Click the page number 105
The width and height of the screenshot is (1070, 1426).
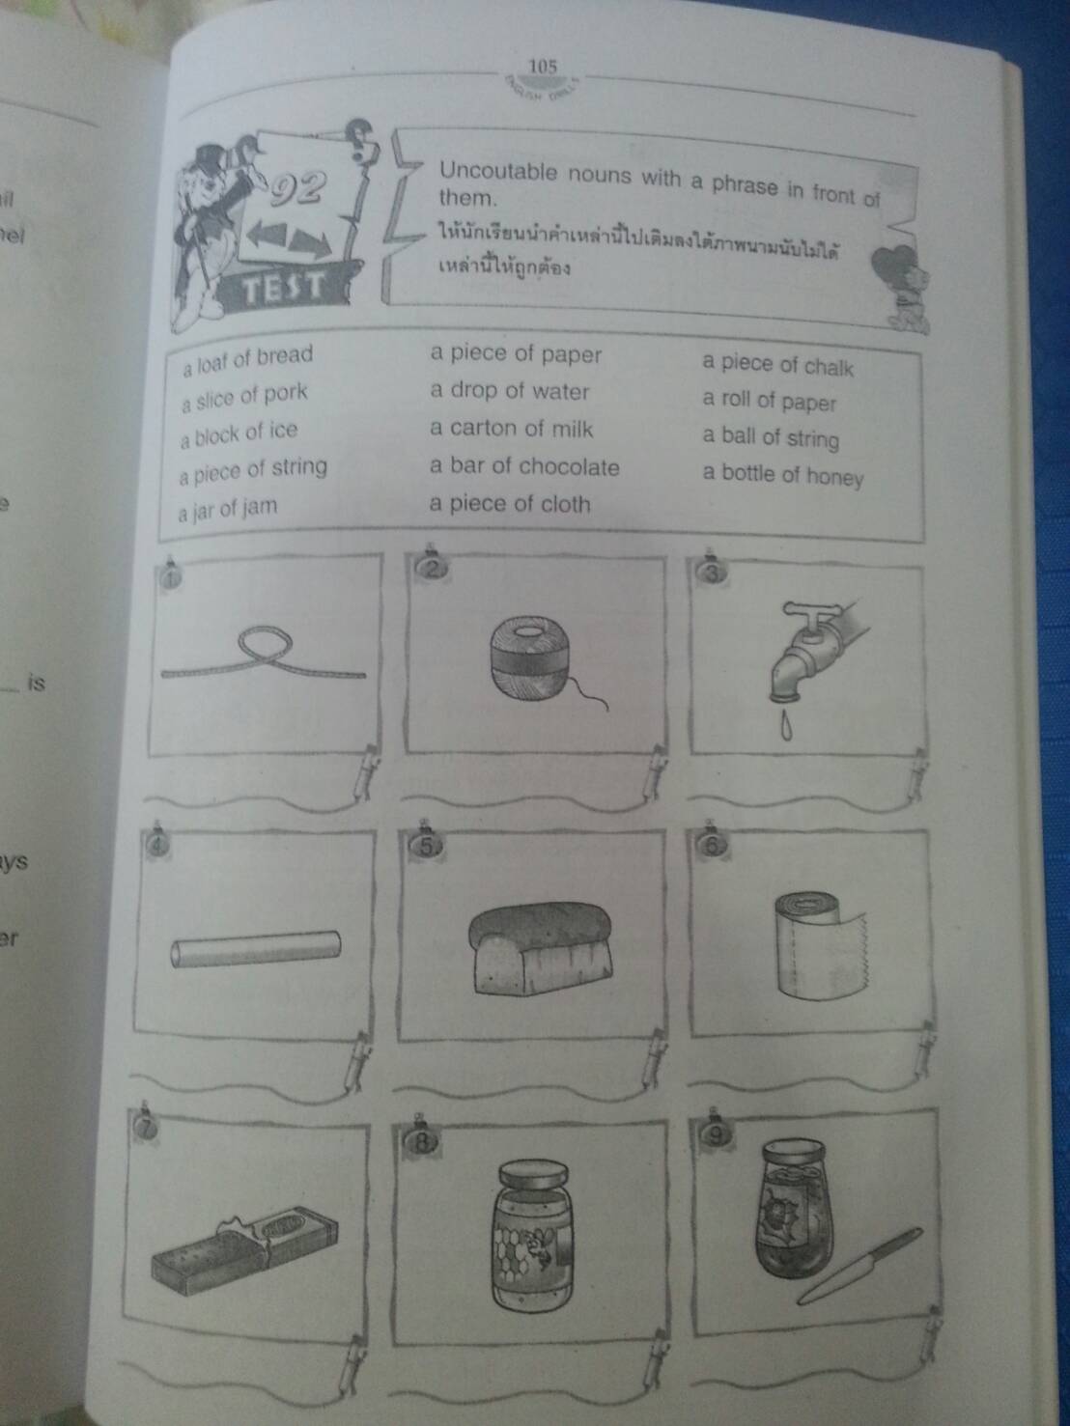point(543,66)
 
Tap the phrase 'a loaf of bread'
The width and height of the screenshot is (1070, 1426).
point(247,359)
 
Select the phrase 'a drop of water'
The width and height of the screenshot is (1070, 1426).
point(509,391)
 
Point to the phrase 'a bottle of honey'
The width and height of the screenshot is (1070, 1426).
point(782,475)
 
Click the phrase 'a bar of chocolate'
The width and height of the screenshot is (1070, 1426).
point(524,467)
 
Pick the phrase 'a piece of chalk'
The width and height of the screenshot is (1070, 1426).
point(777,365)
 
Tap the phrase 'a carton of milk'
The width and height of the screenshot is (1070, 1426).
point(511,429)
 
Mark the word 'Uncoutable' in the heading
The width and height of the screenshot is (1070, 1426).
point(497,172)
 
